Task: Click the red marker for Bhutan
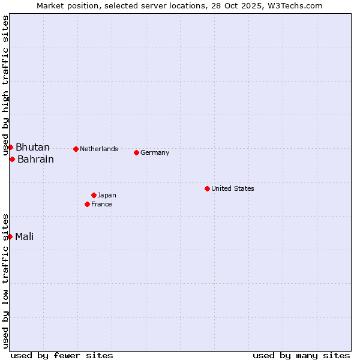[x=10, y=148]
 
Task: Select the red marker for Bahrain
[x=12, y=159]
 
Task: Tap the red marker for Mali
[x=10, y=236]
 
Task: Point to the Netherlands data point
[x=76, y=149]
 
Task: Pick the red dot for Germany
[x=136, y=152]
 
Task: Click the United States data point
[x=207, y=188]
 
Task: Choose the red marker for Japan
[x=94, y=195]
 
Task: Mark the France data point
[x=87, y=204]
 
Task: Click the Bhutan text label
[x=32, y=148]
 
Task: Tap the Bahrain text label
[x=35, y=159]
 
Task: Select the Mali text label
[x=25, y=236]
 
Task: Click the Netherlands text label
[x=99, y=149]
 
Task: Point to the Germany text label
[x=155, y=152]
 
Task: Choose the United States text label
[x=233, y=188]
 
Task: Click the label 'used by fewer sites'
[x=62, y=355]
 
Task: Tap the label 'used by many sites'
[x=301, y=355]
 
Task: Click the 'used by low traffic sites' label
[x=6, y=281]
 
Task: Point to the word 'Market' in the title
[x=50, y=5]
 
